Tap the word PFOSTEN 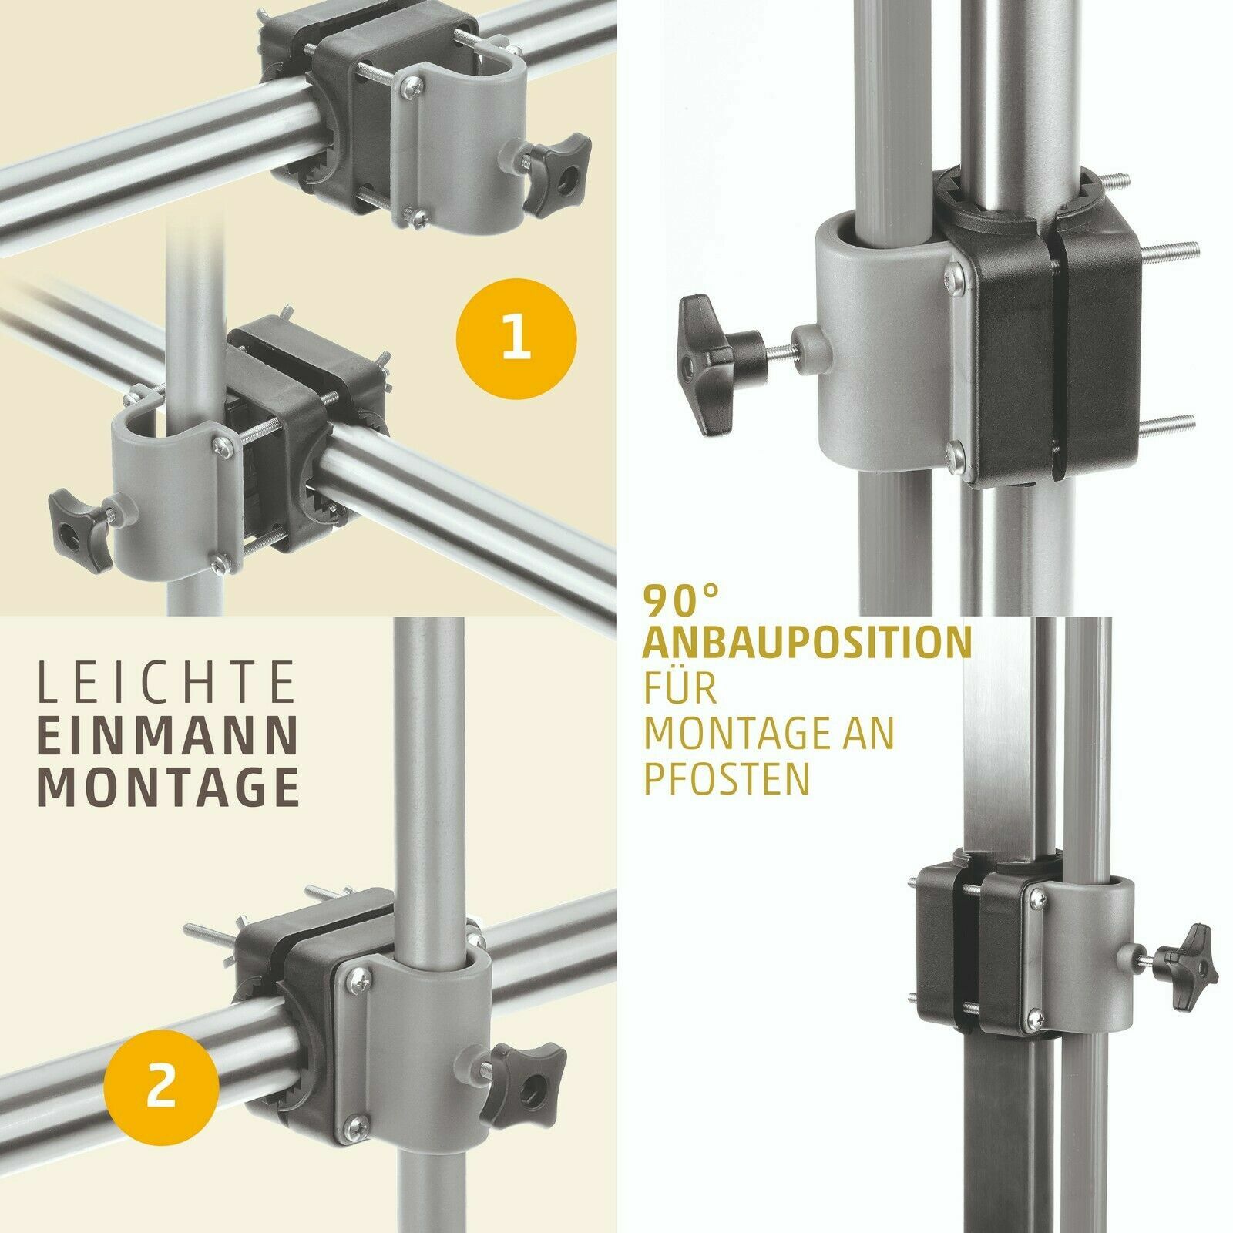(727, 779)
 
